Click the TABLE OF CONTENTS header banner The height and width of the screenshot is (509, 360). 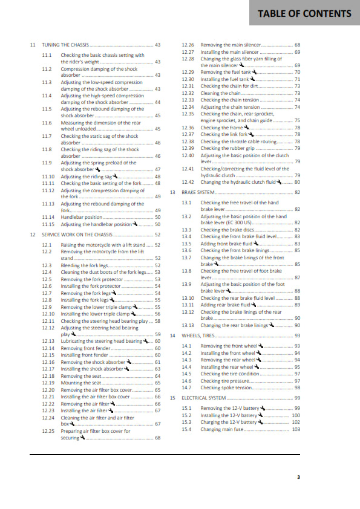304,13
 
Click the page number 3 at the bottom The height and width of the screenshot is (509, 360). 298,477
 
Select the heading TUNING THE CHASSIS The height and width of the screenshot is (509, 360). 65,45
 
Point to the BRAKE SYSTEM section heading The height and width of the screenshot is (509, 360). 198,192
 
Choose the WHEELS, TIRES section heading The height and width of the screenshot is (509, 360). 198,335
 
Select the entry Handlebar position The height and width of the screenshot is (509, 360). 82,216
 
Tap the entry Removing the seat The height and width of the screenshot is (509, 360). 79,375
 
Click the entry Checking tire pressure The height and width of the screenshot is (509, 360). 223,381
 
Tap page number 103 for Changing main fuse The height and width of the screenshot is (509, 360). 296,429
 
